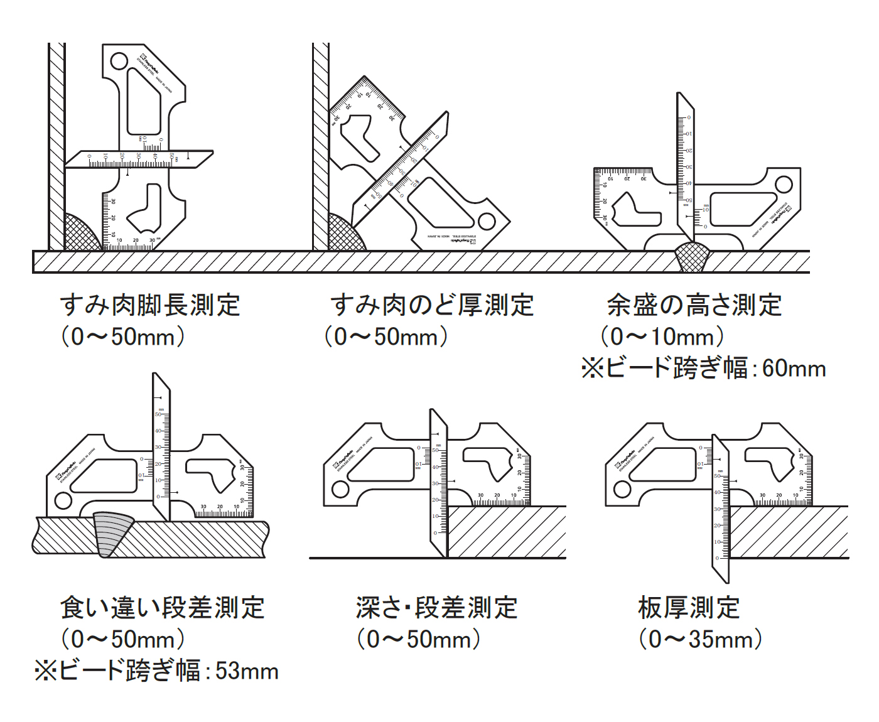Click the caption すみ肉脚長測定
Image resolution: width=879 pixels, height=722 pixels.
[x=149, y=305]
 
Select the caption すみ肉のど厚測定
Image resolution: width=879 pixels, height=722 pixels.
[x=432, y=305]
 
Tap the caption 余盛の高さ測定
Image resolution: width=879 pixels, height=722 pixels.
[x=694, y=305]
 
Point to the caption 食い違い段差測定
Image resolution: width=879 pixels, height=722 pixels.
[x=162, y=608]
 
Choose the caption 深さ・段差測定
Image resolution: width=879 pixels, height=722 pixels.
[x=436, y=608]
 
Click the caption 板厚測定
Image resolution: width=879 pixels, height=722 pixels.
[x=689, y=608]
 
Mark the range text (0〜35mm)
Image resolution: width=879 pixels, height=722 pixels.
[x=700, y=639]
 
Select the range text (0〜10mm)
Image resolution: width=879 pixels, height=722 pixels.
[x=662, y=337]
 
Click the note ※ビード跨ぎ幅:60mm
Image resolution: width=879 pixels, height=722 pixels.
[x=703, y=368]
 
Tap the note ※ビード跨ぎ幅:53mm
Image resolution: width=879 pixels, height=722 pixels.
[x=156, y=671]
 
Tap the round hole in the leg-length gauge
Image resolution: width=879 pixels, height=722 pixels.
[x=119, y=62]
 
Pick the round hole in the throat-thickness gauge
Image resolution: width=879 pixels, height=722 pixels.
[x=487, y=221]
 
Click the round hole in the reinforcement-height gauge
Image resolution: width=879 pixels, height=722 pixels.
[x=784, y=185]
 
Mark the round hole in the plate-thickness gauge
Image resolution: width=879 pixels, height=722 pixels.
[x=622, y=489]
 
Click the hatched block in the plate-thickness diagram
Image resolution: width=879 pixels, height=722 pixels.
[x=788, y=532]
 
